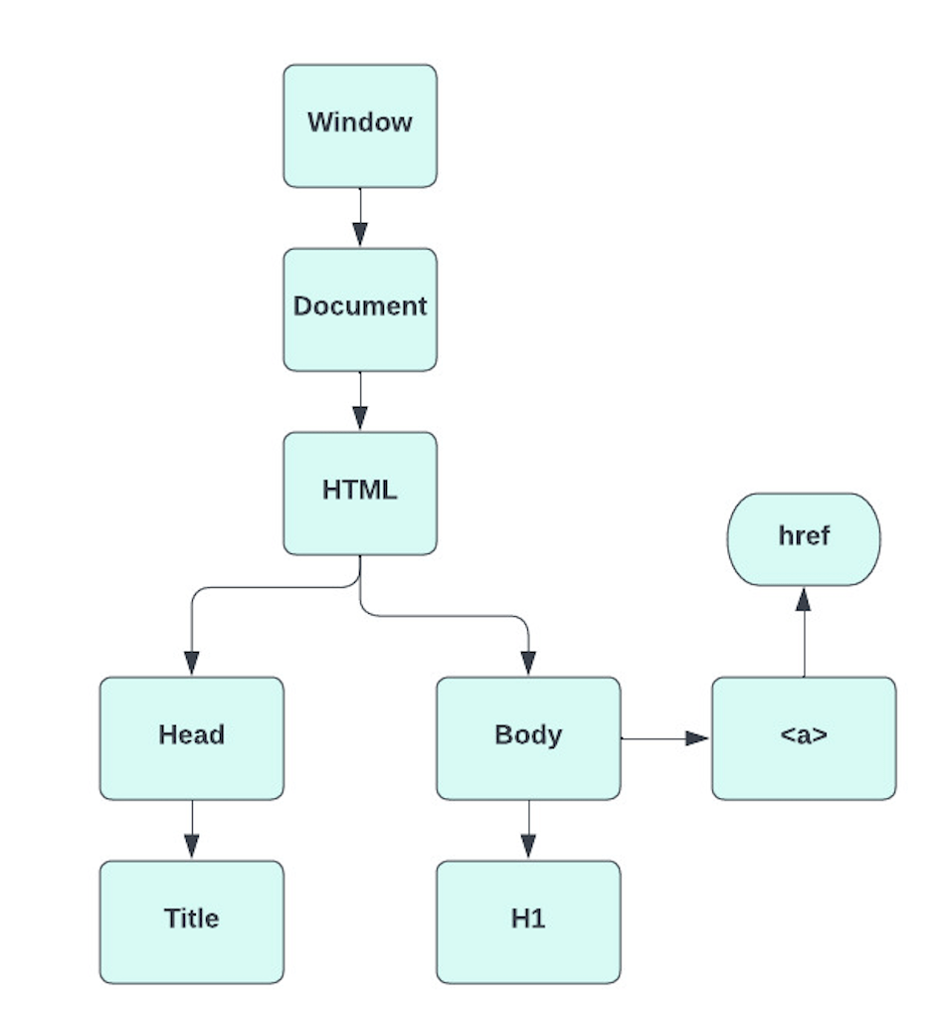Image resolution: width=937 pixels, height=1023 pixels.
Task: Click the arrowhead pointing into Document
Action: pyautogui.click(x=359, y=235)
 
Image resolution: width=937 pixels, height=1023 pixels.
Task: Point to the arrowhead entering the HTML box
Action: pyautogui.click(x=359, y=418)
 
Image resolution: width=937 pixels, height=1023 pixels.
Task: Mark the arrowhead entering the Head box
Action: pyautogui.click(x=191, y=663)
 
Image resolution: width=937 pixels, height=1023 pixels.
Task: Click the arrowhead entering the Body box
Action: pyautogui.click(x=528, y=663)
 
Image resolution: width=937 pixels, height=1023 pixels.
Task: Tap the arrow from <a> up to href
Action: pyautogui.click(x=804, y=632)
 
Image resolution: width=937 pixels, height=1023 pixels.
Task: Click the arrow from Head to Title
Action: pyautogui.click(x=191, y=830)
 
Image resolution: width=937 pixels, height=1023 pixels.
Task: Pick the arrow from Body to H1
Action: pyautogui.click(x=528, y=830)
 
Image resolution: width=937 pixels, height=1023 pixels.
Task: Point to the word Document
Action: pyautogui.click(x=359, y=306)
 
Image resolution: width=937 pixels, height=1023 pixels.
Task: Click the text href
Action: pyautogui.click(x=804, y=536)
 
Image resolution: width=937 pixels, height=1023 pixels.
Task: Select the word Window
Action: pyautogui.click(x=359, y=122)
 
